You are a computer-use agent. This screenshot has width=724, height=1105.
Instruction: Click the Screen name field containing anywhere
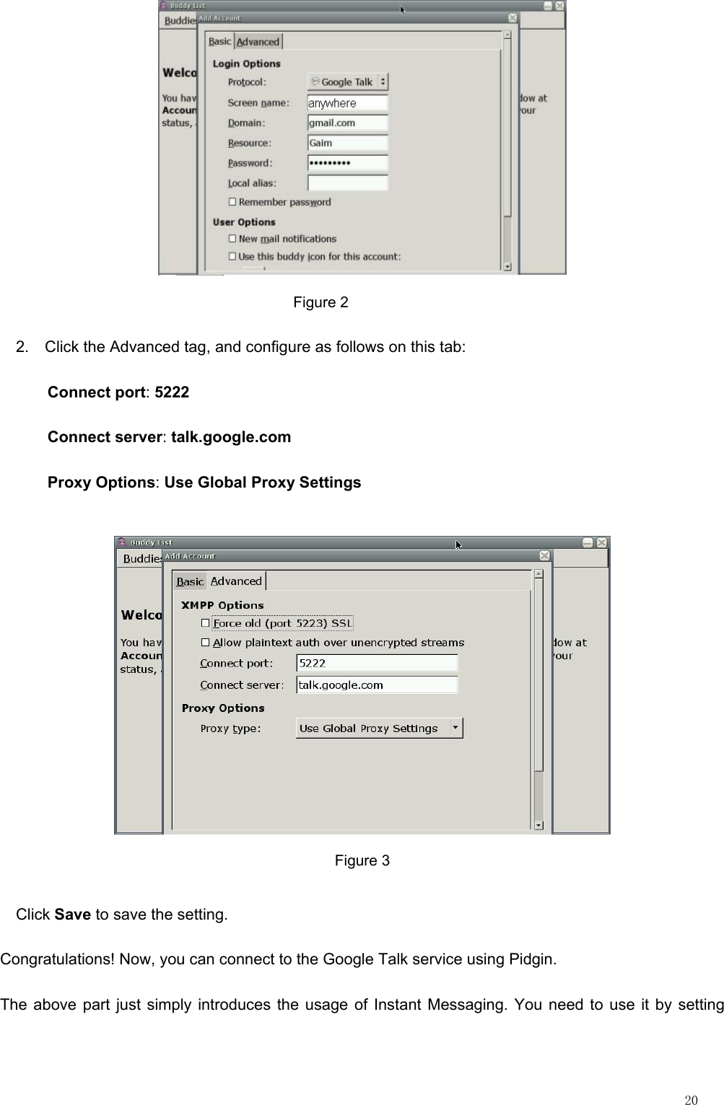347,103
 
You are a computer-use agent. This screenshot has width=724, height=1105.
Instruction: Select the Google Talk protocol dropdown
347,82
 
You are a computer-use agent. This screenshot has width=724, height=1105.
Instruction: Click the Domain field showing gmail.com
347,123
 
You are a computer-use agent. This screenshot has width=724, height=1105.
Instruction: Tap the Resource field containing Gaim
347,144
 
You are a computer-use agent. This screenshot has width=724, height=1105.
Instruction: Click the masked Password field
347,163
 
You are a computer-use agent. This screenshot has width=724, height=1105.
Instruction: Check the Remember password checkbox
232,202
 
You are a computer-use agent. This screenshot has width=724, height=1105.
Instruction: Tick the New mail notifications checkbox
232,239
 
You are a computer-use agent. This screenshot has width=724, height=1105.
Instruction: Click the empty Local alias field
347,183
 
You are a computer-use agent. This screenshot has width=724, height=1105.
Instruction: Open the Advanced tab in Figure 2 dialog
258,42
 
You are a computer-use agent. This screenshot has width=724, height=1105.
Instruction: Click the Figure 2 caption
320,302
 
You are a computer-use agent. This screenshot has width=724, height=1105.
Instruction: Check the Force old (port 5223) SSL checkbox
206,623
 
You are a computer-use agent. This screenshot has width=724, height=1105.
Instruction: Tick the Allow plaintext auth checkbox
206,643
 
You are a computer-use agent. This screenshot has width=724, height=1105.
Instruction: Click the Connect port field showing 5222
377,663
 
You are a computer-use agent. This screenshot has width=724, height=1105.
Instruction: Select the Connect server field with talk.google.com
377,684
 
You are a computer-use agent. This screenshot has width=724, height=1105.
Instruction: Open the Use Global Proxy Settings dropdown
379,728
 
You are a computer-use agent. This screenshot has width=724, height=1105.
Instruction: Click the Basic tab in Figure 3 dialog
190,581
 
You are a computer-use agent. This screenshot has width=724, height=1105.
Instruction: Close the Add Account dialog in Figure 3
544,556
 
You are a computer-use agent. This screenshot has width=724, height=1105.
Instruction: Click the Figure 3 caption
362,860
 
